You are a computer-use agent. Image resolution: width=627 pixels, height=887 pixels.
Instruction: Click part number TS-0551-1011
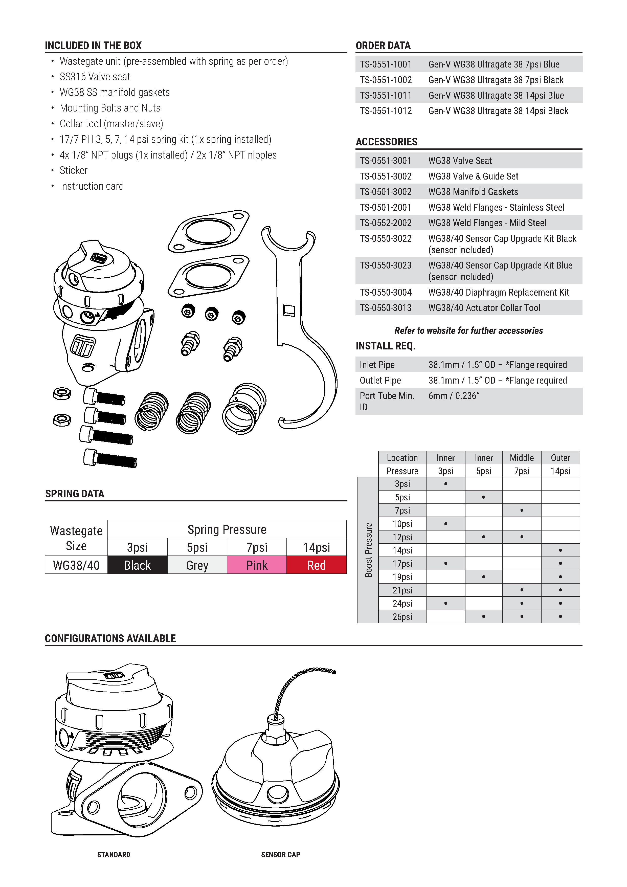(386, 95)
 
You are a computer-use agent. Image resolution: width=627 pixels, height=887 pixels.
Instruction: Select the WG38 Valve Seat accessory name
(460, 161)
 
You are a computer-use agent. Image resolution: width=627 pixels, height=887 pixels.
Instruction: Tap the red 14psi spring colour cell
(316, 565)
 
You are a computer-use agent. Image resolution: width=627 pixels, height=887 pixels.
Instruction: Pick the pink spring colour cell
(257, 565)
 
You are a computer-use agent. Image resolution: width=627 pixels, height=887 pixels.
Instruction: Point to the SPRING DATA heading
(75, 494)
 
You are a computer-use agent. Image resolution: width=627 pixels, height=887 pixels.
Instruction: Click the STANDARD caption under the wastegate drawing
(114, 855)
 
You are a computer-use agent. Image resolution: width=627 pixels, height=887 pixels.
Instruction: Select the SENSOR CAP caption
(280, 855)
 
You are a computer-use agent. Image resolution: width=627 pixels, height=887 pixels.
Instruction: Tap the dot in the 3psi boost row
(445, 484)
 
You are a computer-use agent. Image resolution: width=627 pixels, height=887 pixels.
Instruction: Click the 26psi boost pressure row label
(402, 616)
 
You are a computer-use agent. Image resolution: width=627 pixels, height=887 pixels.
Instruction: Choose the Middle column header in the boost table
(522, 458)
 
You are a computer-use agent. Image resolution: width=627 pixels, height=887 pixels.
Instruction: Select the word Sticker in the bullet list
(73, 170)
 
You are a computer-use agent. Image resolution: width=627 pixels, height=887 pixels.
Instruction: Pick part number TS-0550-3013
(386, 308)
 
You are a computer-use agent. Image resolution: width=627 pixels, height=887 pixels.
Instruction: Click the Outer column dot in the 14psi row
(560, 550)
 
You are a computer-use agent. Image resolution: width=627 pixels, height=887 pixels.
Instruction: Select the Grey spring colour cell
(197, 565)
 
